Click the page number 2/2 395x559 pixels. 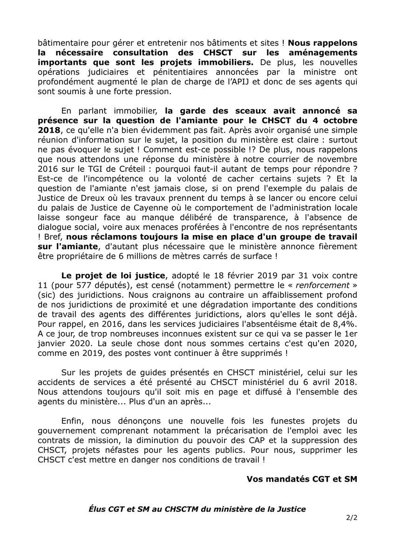351,517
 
